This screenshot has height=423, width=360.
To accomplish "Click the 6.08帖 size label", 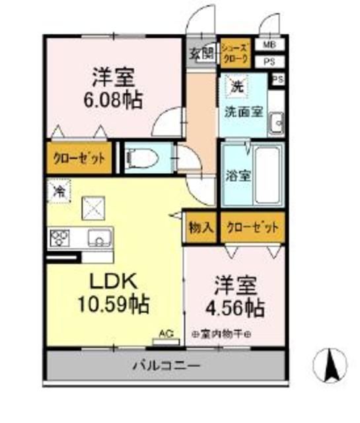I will pyautogui.click(x=113, y=100).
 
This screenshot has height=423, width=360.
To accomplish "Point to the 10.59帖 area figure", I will pyautogui.click(x=114, y=305).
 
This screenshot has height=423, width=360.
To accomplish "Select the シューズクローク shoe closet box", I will pyautogui.click(x=234, y=54).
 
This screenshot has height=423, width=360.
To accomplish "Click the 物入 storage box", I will pyautogui.click(x=200, y=228).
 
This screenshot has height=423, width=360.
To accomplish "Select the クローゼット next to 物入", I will pyautogui.click(x=252, y=228).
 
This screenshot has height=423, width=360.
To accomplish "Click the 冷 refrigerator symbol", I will pyautogui.click(x=59, y=192).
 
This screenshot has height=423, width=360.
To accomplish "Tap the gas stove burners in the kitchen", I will pyautogui.click(x=58, y=236).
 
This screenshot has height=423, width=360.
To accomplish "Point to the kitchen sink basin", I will pyautogui.click(x=99, y=236).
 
